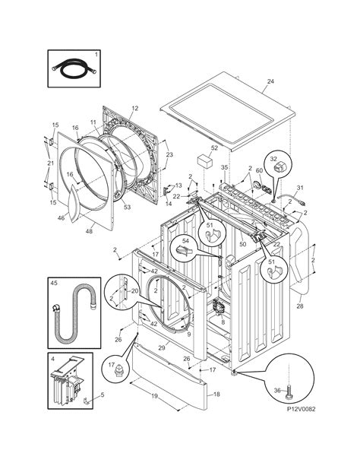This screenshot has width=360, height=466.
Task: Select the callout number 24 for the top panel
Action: point(270,81)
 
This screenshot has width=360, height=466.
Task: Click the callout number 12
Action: point(134,108)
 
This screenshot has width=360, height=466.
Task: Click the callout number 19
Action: point(153,397)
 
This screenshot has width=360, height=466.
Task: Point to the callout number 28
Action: point(299,306)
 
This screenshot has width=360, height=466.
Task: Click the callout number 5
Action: point(103,394)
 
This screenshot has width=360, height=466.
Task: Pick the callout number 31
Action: point(300,187)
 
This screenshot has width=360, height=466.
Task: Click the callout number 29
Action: point(160,347)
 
